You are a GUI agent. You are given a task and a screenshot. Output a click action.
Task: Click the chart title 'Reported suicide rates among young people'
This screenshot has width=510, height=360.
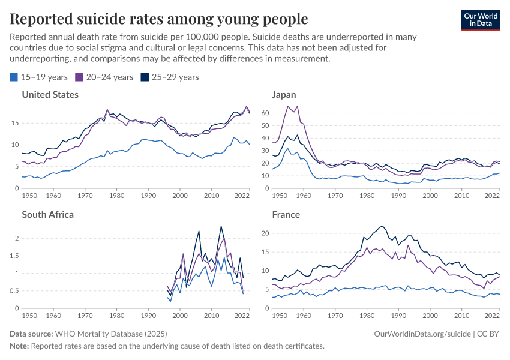click(159, 19)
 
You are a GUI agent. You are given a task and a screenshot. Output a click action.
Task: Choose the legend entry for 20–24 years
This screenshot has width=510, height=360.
click(104, 77)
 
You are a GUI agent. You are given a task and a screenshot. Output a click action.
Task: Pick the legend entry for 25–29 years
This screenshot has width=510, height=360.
click(169, 77)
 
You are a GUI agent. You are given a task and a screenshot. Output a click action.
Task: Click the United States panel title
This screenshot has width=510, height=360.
click(50, 94)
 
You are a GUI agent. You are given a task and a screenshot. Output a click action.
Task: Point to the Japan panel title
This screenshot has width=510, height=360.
click(284, 94)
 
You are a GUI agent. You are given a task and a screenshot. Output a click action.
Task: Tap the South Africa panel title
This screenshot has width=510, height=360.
click(47, 214)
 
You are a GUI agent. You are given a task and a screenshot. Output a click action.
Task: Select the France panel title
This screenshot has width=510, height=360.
click(286, 214)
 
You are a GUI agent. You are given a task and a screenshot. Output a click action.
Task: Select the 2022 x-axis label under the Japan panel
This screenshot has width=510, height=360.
click(491, 196)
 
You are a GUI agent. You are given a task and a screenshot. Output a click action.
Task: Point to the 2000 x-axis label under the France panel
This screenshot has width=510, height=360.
click(430, 316)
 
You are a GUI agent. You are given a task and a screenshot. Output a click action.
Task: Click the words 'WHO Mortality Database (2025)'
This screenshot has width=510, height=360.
click(110, 334)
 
